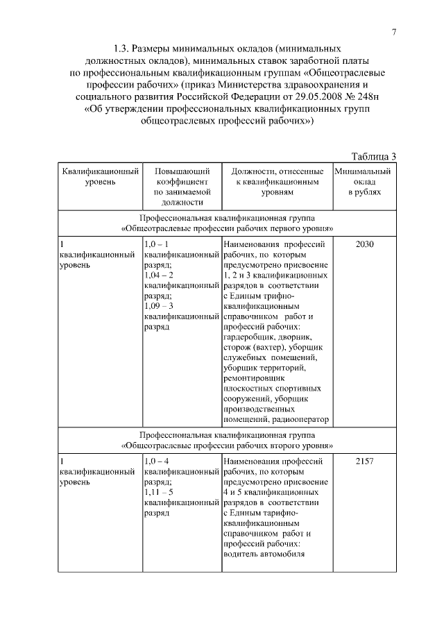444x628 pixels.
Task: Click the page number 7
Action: coord(394,32)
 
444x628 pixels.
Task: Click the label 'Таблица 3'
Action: coord(374,155)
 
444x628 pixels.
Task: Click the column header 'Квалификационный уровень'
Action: coord(100,176)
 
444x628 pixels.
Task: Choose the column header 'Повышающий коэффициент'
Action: coord(180,176)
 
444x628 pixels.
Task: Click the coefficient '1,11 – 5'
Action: coord(157,491)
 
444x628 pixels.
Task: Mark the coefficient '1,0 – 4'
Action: coord(156,461)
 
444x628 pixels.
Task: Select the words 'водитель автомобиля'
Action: coord(265,554)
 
